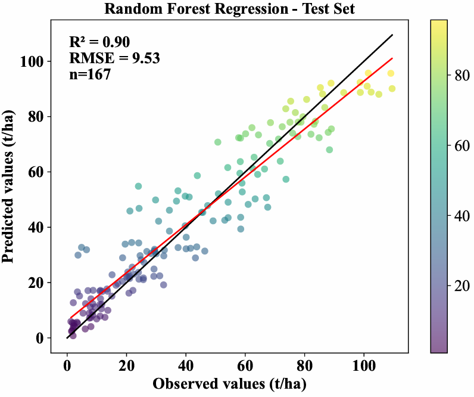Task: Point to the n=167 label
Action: (90, 75)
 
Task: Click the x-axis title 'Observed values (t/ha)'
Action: (229, 384)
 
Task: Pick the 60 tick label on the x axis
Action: (245, 363)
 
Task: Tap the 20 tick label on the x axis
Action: (126, 363)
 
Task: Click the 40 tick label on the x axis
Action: (185, 363)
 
